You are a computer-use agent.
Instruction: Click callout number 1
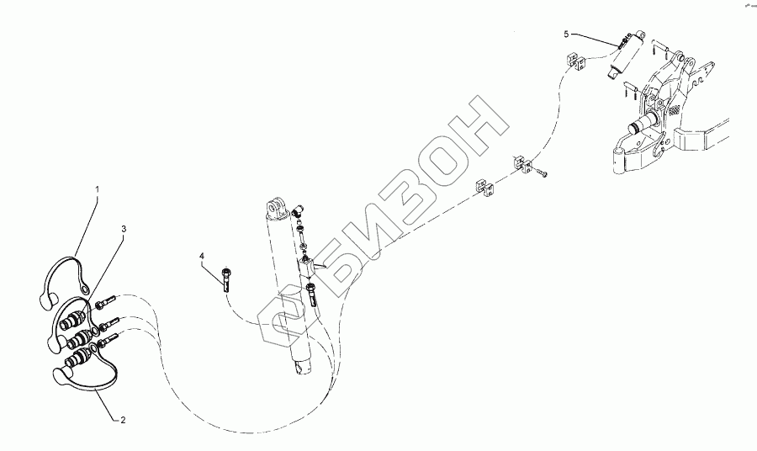point(97,191)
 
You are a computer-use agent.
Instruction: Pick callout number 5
point(566,34)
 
